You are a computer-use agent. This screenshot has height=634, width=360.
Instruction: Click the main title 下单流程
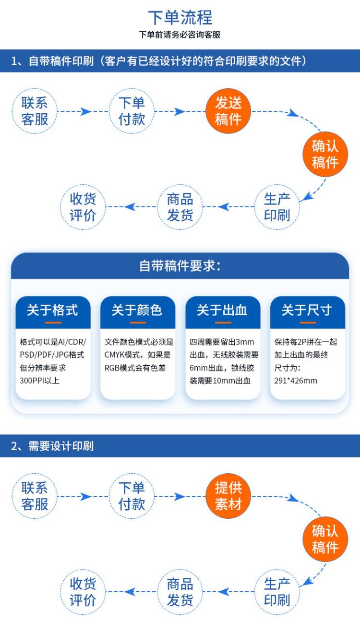pos(180,18)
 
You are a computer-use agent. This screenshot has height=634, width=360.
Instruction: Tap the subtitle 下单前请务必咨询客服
pos(180,35)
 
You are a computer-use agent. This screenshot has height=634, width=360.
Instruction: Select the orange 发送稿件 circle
pos(228,111)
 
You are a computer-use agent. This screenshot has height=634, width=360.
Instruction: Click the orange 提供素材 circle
pos(228,496)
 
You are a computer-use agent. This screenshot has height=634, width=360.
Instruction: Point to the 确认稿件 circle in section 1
pos(325,154)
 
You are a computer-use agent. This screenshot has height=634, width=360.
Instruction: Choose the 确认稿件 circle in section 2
pos(325,539)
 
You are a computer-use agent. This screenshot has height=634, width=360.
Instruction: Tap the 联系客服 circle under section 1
pos(35,111)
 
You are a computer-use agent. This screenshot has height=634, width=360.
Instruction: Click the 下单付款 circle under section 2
pos(132,496)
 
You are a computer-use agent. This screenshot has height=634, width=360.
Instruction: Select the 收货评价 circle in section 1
pos(83,207)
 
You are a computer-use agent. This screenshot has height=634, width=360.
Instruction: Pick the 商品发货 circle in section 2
pos(180,592)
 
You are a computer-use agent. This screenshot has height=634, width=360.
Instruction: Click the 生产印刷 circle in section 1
pos(277,207)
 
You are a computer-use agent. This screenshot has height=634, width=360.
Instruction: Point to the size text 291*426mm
pos(296,381)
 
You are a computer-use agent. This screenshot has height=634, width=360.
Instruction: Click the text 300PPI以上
pos(39,381)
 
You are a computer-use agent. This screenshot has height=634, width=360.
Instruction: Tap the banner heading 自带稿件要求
pos(180,266)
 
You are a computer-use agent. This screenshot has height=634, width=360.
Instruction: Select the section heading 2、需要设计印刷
pos(52,446)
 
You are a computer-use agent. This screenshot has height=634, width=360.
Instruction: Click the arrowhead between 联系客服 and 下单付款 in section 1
pos(85,111)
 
